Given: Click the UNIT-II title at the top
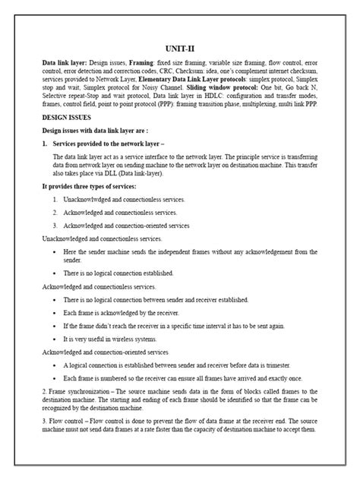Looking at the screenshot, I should (180, 46).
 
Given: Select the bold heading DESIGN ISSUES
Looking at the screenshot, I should (67, 119).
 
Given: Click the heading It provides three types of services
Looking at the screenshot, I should (88, 185).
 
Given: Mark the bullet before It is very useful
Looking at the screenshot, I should (57, 338).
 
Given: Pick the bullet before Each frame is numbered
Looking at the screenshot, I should (57, 377).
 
